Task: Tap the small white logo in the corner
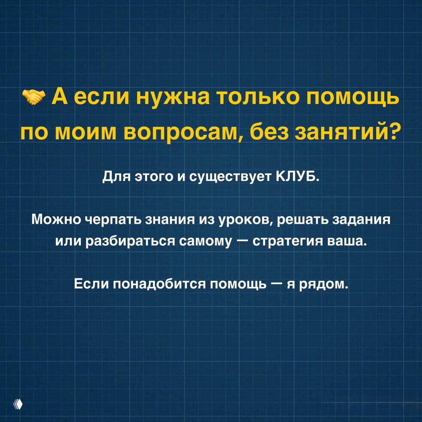18,404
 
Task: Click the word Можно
56,219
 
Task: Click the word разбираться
131,242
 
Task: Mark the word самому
205,242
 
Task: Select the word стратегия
287,242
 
